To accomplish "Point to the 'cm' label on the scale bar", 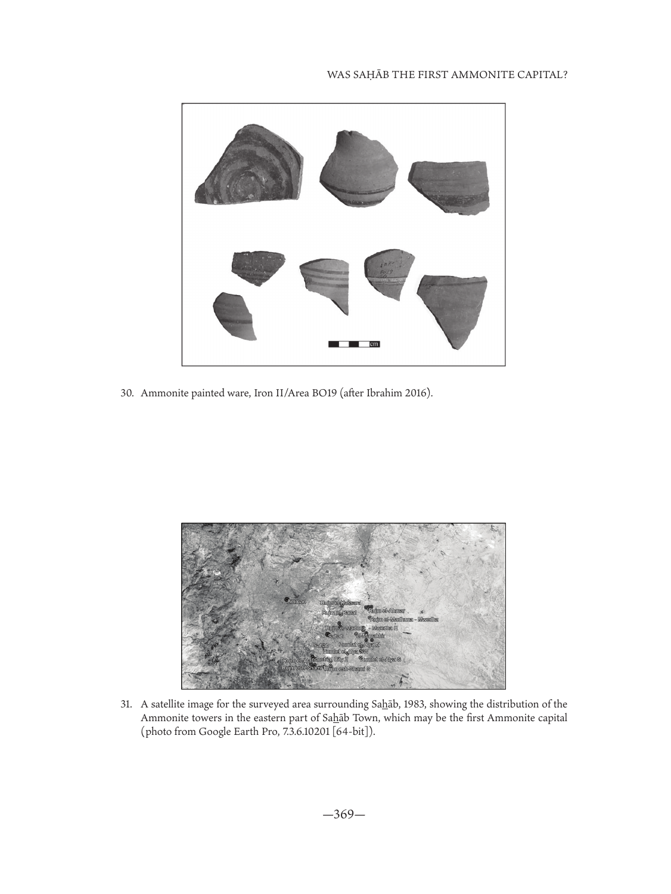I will [374, 344].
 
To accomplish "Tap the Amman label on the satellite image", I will [297, 601].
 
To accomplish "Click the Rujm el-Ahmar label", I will [387, 611].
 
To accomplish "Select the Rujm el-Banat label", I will [339, 613].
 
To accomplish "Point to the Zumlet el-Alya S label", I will [382, 660].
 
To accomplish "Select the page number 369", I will [343, 814].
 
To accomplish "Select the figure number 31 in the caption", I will [126, 705].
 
